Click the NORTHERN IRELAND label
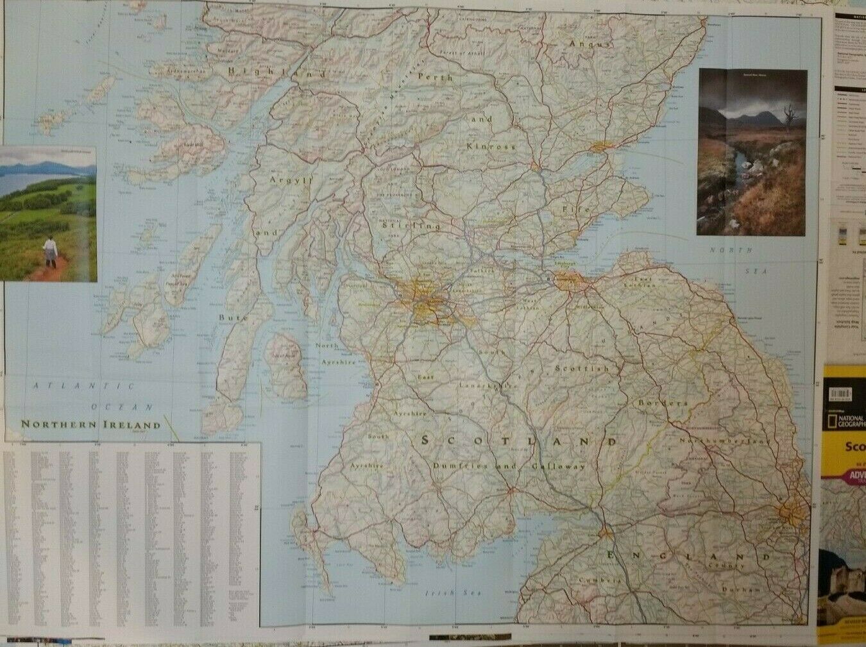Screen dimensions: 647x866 pyautogui.click(x=90, y=424)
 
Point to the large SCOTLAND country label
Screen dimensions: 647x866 pyautogui.click(x=519, y=442)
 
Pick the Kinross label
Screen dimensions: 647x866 pyautogui.click(x=492, y=147)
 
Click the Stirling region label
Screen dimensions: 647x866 pyautogui.click(x=411, y=226)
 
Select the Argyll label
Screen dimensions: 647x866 pyautogui.click(x=293, y=181)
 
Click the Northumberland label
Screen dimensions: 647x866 pyautogui.click(x=726, y=442)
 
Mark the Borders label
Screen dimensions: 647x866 pyautogui.click(x=663, y=404)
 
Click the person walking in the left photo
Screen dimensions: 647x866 pyautogui.click(x=50, y=250)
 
